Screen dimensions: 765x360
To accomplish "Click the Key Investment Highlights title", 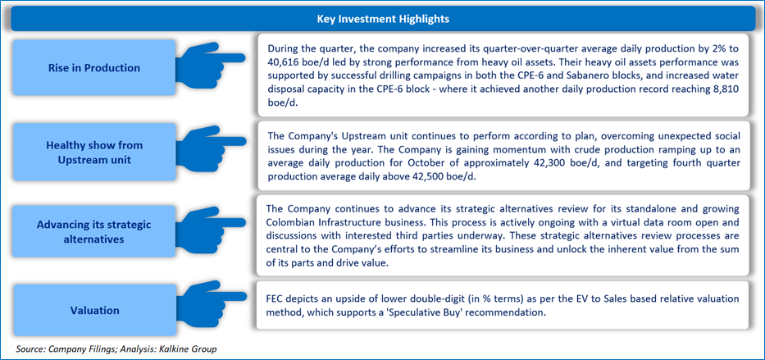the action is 382,19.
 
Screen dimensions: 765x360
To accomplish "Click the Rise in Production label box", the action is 93,68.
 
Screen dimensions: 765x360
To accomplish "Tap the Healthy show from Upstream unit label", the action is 93,153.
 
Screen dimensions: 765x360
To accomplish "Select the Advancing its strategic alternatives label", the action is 93,232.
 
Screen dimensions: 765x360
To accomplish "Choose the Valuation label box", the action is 93,310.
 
